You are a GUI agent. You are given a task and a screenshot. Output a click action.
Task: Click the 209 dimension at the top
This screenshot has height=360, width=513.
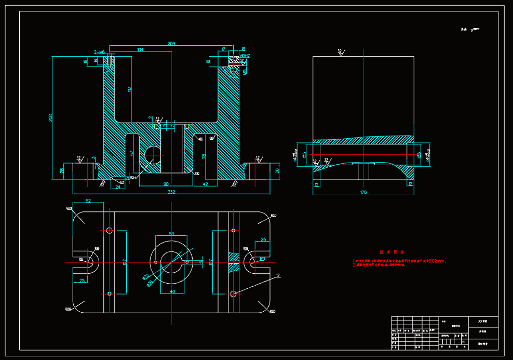click(x=171, y=44)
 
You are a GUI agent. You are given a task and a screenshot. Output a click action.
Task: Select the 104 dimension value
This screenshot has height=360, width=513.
click(x=140, y=50)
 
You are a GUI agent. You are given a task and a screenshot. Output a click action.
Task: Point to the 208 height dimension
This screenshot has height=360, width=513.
click(x=50, y=118)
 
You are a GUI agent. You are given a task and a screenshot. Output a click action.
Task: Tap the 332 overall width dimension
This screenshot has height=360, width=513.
click(x=171, y=192)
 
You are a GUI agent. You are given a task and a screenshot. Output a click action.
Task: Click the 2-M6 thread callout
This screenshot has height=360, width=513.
click(x=99, y=52)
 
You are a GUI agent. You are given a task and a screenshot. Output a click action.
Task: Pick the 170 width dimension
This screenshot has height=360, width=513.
click(x=363, y=192)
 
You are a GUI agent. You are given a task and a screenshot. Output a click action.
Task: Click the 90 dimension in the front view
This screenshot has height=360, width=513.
click(x=166, y=184)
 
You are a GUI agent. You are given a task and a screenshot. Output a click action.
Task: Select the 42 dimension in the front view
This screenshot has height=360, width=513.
click(x=205, y=184)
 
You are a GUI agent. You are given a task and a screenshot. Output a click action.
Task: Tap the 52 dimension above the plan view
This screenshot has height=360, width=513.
click(x=88, y=201)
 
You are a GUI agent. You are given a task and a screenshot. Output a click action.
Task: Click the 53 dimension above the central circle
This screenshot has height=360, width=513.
click(x=171, y=234)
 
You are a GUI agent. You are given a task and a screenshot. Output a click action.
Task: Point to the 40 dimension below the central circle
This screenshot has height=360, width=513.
click(x=172, y=291)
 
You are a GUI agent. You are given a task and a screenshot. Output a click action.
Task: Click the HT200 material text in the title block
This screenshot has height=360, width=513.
click(x=455, y=326)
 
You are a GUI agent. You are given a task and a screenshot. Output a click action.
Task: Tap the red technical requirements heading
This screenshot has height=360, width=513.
click(x=388, y=251)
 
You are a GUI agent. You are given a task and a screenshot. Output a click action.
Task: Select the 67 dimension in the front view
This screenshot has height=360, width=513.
click(x=132, y=153)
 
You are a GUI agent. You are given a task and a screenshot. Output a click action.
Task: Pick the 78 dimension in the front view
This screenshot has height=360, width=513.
click(x=204, y=155)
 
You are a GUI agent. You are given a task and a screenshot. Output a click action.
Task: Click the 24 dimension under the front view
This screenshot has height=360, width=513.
click(x=118, y=186)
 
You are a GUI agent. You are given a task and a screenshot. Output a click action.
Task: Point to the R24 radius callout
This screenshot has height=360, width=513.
click(x=133, y=178)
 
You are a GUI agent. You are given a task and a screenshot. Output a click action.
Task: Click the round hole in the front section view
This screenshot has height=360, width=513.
click(x=153, y=154)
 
